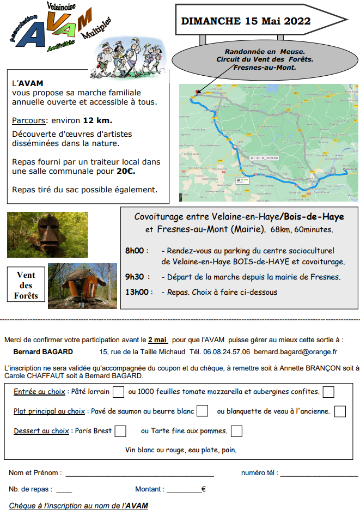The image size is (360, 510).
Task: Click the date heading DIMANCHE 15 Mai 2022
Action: pyautogui.click(x=246, y=21)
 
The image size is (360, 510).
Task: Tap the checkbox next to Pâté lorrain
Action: pyautogui.click(x=119, y=392)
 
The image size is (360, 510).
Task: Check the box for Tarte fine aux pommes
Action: pyautogui.click(x=236, y=431)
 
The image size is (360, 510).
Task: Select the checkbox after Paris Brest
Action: pyautogui.click(x=120, y=431)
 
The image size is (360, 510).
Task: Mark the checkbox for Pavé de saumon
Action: pyautogui.click(x=202, y=411)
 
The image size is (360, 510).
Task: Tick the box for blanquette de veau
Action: pyautogui.click(x=340, y=411)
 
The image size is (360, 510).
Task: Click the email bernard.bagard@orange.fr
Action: pyautogui.click(x=295, y=352)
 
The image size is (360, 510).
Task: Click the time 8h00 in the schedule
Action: pyautogui.click(x=135, y=251)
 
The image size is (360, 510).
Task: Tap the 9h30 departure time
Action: pyautogui.click(x=135, y=277)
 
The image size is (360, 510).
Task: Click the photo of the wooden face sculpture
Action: pyautogui.click(x=32, y=234)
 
